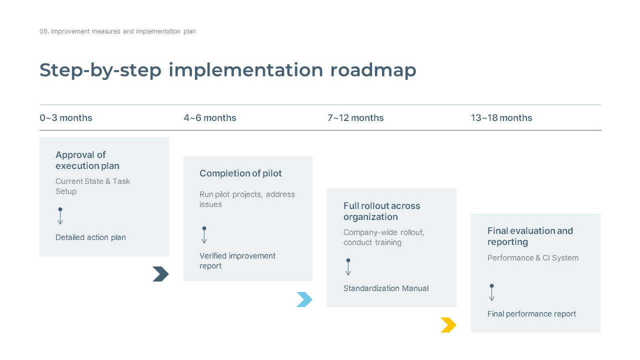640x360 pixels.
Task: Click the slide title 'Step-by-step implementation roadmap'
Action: (x=228, y=70)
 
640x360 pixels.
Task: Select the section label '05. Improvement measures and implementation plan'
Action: (x=118, y=31)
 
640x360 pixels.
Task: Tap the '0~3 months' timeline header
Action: (x=66, y=118)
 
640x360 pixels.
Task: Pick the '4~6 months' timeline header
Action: (x=210, y=118)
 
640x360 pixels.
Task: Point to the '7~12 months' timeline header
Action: (x=355, y=118)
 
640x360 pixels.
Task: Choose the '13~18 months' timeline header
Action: (x=501, y=118)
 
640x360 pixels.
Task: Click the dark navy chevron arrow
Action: (x=160, y=274)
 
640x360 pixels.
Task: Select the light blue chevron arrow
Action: (x=304, y=299)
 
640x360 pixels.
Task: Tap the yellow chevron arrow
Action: (x=448, y=325)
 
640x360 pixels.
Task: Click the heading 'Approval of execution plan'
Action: (x=87, y=160)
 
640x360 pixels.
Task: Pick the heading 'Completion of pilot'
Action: (x=240, y=173)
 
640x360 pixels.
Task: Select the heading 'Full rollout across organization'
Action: (x=381, y=211)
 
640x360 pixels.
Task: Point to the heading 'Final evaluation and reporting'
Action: (x=530, y=236)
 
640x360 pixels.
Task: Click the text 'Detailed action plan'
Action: (x=90, y=237)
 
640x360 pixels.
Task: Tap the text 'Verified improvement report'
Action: (x=237, y=261)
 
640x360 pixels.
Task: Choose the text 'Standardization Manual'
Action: (x=386, y=288)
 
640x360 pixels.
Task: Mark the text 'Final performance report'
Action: (x=531, y=314)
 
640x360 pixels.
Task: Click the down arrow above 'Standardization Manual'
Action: (x=348, y=267)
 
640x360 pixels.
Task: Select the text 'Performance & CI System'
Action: (x=533, y=258)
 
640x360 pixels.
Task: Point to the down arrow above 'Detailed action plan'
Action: (x=60, y=216)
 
